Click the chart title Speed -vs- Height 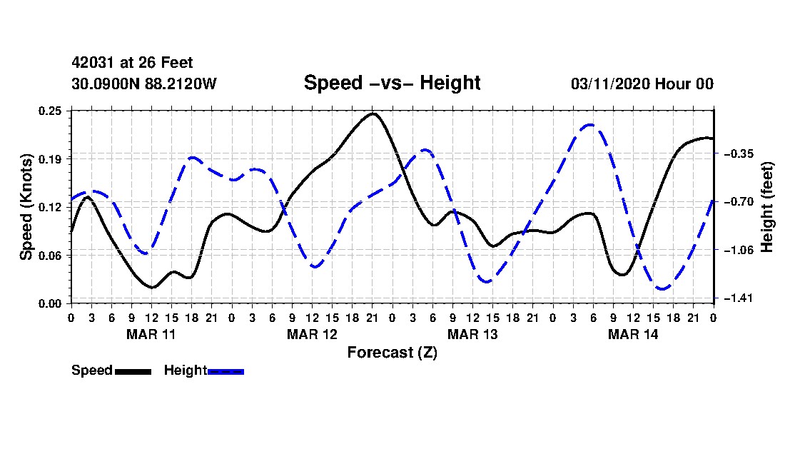[392, 83]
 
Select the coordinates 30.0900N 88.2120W [144, 84]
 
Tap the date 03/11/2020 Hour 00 [642, 84]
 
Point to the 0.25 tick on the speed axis [50, 111]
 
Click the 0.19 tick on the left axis [50, 159]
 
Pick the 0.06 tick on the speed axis [50, 256]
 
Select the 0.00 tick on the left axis [50, 304]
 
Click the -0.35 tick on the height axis [739, 153]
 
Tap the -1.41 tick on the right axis [739, 298]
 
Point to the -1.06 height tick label [739, 250]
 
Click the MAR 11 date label [151, 334]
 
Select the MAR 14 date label [633, 334]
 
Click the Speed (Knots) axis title [26, 207]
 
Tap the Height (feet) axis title [766, 207]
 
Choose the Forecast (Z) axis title [392, 353]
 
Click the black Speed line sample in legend [133, 372]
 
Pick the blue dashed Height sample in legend [226, 372]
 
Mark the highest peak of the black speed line [373, 114]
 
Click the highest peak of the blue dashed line [591, 125]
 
